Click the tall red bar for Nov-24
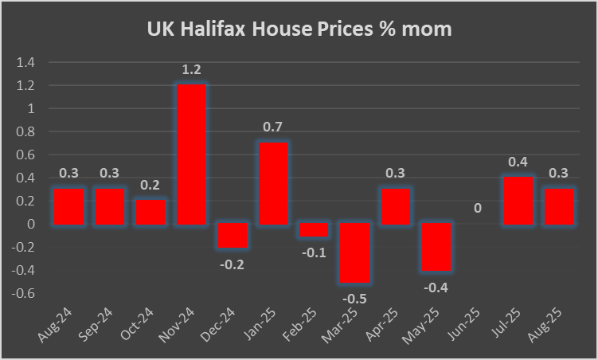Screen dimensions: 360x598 [x=191, y=154]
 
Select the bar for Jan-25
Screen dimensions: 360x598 [x=272, y=183]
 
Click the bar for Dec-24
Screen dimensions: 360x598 [x=232, y=236]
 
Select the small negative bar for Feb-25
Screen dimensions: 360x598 [x=313, y=230]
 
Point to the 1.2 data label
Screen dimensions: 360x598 [x=191, y=70]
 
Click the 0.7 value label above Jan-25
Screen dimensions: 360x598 [x=272, y=127]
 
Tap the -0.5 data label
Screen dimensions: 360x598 [x=354, y=299]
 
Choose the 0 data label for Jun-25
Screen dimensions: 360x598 [x=477, y=208]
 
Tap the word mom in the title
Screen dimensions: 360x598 [x=430, y=29]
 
